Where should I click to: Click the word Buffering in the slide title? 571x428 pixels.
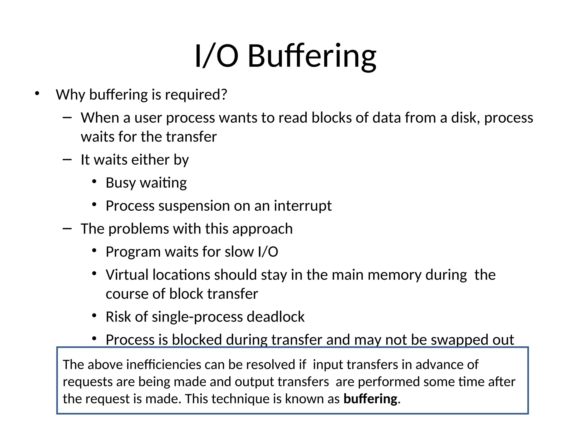coord(312,56)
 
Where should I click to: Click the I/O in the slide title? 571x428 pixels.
coord(216,56)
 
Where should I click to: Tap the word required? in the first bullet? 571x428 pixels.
coord(196,95)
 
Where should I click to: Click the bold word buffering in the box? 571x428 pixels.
coord(370,399)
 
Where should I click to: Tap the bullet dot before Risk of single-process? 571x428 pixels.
coord(94,316)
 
